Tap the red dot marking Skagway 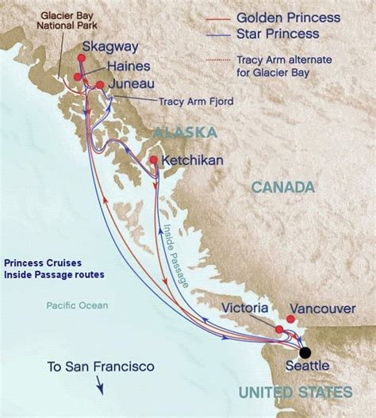click(x=82, y=58)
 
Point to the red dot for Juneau click(x=100, y=84)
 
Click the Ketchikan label click(x=192, y=160)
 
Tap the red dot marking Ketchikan click(x=153, y=160)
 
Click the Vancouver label click(x=322, y=308)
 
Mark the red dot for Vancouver click(x=290, y=319)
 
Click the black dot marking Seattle click(x=305, y=353)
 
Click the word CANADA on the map click(x=283, y=187)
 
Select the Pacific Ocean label click(x=77, y=305)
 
